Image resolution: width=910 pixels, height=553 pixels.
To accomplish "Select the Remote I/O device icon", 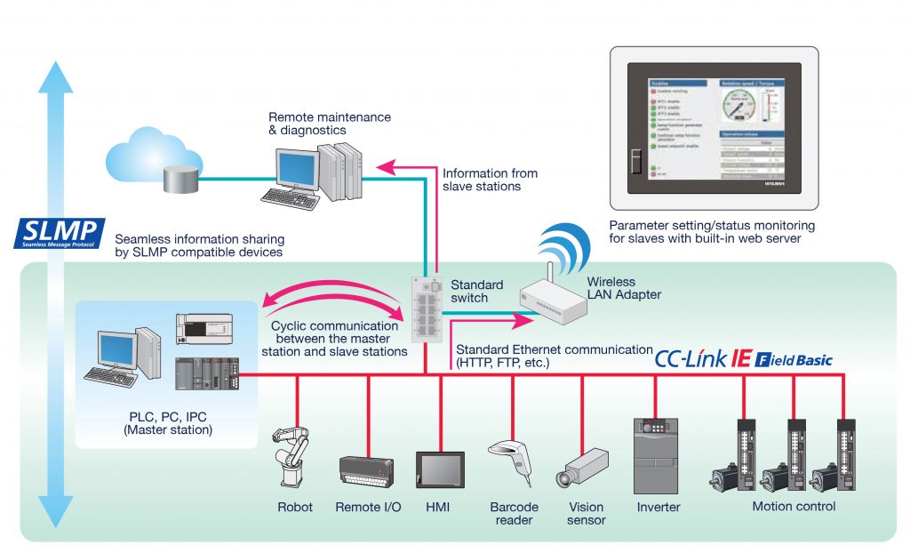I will pos(368,469).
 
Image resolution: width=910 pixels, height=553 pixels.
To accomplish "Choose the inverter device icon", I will pos(657,455).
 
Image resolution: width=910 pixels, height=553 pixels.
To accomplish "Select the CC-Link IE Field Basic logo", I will pos(743,359).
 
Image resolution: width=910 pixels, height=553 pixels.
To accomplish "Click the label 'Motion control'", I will pos(794,507).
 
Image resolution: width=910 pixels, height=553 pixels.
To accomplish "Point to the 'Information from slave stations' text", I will pos(490,180).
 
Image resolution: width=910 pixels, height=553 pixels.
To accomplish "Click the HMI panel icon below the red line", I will pos(440,469).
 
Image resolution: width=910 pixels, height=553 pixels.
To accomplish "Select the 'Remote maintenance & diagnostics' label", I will pos(329,124).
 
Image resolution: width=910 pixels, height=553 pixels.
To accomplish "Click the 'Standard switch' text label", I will pos(477,292).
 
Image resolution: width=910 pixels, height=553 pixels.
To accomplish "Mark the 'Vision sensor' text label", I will pos(586,513).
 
